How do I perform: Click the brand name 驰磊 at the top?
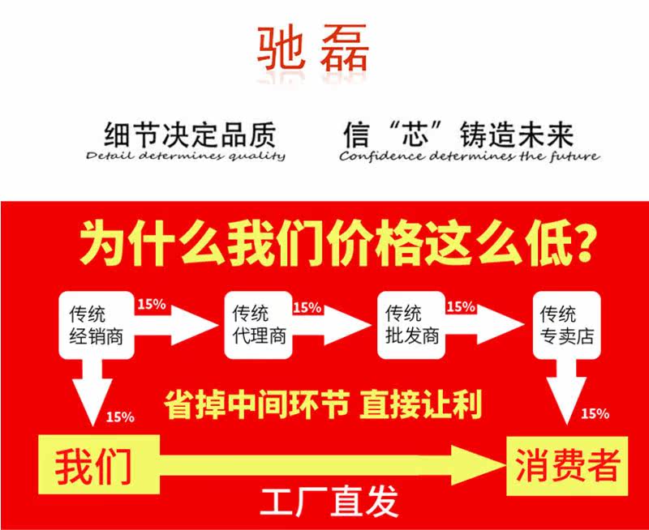313,49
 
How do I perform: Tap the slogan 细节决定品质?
190,133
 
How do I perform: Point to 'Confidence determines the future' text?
469,156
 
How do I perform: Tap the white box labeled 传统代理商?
258,324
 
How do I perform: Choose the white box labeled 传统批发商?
410,324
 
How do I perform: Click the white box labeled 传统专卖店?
567,324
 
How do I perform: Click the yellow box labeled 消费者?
568,466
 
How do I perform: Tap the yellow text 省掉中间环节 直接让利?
323,403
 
